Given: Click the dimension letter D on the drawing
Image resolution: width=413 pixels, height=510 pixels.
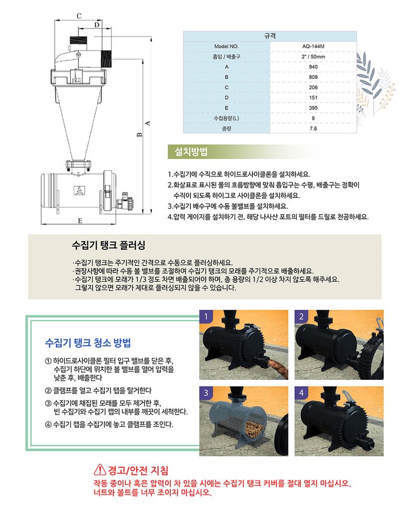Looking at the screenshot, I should [x=97, y=25].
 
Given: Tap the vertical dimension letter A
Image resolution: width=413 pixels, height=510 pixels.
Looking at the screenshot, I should [x=148, y=123].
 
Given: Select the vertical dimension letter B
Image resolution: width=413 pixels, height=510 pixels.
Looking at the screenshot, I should [x=139, y=135].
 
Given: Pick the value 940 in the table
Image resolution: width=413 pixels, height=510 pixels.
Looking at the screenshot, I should [x=313, y=67].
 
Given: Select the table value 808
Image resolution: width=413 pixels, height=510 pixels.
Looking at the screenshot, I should [x=313, y=77].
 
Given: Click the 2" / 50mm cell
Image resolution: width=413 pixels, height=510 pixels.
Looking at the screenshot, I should [x=313, y=56].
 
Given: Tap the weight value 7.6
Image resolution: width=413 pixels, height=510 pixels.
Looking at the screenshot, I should [x=313, y=129].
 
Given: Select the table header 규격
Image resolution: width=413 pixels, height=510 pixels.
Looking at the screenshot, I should [x=269, y=36].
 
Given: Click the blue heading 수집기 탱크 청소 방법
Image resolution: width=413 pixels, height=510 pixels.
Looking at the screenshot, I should [x=88, y=343].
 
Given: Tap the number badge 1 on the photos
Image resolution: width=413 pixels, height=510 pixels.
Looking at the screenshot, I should [x=205, y=316].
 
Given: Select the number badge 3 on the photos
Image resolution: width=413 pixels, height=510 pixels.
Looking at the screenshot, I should [x=205, y=392].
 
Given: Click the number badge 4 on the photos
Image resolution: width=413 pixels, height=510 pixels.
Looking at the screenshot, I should [x=300, y=392].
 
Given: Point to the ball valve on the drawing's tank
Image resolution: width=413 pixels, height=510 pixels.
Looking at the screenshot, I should [x=125, y=202].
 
